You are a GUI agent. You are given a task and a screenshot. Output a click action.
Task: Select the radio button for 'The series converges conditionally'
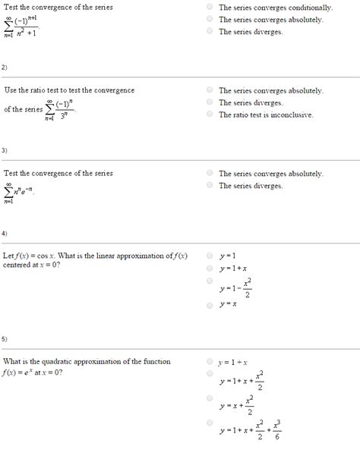pos(209,7)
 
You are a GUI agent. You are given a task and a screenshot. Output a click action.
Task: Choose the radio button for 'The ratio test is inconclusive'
pos(209,115)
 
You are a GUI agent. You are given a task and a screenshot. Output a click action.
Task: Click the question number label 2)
pos(5,67)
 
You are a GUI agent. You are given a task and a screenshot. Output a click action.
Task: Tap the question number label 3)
pos(5,149)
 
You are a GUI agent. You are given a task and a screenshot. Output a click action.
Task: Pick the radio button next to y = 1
pos(209,255)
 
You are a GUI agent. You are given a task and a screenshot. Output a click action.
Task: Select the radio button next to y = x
pos(209,304)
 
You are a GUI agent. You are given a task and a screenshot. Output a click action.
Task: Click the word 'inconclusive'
pos(288,115)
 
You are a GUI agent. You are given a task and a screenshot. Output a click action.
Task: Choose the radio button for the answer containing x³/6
pos(209,423)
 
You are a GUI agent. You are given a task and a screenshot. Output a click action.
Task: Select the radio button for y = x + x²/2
pos(209,398)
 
